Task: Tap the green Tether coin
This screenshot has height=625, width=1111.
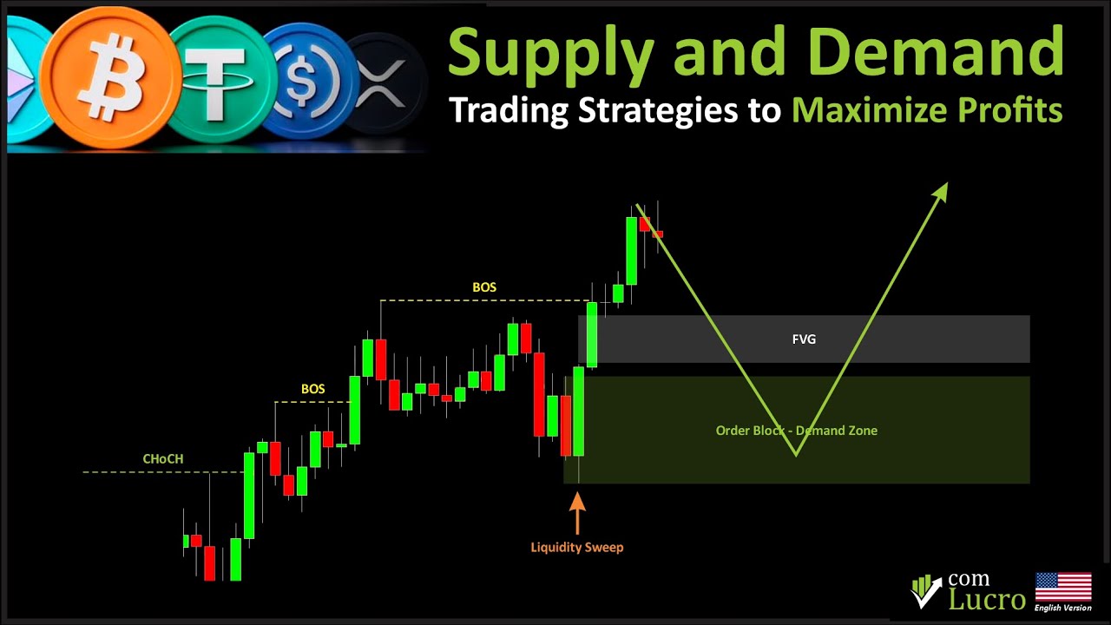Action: click(x=218, y=80)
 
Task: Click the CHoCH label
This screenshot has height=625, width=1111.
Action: click(x=163, y=459)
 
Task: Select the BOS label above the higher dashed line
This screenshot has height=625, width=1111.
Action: click(x=484, y=287)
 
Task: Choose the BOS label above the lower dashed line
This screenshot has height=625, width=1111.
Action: click(x=312, y=389)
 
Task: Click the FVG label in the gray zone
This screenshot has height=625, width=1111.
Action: click(x=804, y=339)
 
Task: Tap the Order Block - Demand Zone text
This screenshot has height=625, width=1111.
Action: click(x=796, y=431)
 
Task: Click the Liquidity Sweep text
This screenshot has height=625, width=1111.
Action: click(x=576, y=547)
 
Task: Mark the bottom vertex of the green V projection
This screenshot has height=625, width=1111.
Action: click(x=796, y=453)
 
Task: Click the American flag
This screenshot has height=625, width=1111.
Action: click(x=1062, y=589)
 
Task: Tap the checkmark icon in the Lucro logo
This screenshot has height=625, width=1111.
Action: click(x=926, y=592)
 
